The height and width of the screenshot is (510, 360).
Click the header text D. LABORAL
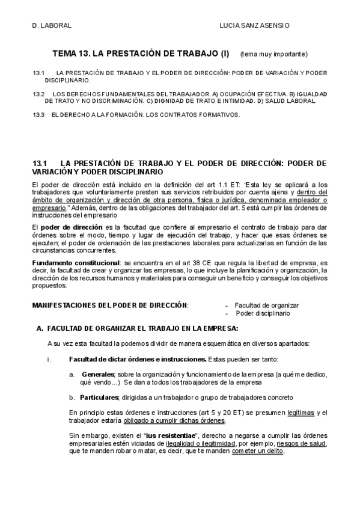pyautogui.click(x=52, y=26)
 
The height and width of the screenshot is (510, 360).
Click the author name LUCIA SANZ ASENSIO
pyautogui.click(x=255, y=26)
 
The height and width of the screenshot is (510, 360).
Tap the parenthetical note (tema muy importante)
pyautogui.click(x=273, y=54)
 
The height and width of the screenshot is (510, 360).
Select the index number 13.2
pyautogui.click(x=39, y=94)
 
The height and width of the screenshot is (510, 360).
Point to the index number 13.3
pyautogui.click(x=39, y=114)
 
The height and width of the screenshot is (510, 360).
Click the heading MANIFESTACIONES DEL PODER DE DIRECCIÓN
pyautogui.click(x=110, y=306)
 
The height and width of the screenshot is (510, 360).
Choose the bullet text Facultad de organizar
pyautogui.click(x=266, y=306)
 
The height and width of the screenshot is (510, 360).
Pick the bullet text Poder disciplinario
pyautogui.click(x=263, y=313)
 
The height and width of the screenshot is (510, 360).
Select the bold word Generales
pyautogui.click(x=98, y=374)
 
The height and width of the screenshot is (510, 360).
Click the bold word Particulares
pyautogui.click(x=100, y=398)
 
